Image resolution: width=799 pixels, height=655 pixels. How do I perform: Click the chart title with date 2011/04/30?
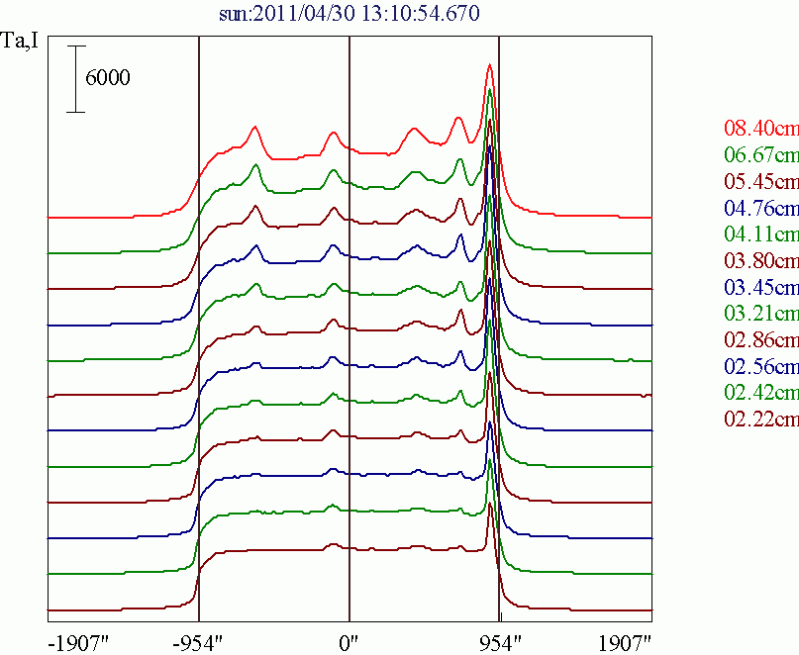[350, 14]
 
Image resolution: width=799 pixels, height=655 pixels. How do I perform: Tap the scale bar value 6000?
[108, 78]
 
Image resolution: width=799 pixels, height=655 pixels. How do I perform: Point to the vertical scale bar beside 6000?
[76, 78]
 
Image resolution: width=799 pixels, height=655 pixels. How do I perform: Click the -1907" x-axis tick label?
[77, 642]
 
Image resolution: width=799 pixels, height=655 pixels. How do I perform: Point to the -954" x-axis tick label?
[201, 642]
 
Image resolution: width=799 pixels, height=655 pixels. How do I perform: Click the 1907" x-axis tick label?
[624, 642]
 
